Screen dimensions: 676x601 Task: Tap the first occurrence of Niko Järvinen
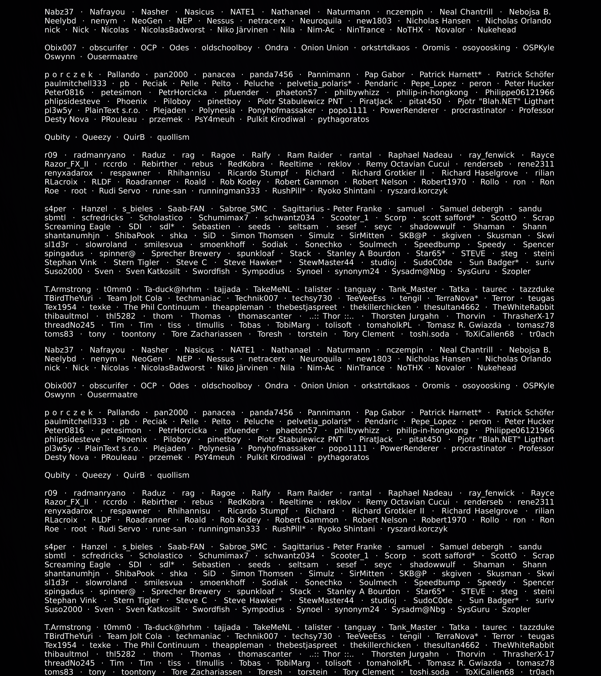coord(243,30)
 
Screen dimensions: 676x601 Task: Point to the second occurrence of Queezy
coord(97,475)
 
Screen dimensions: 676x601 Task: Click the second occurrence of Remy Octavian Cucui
coord(407,502)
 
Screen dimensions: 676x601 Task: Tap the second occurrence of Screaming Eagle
coord(77,565)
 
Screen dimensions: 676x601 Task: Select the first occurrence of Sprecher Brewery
coord(186,254)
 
